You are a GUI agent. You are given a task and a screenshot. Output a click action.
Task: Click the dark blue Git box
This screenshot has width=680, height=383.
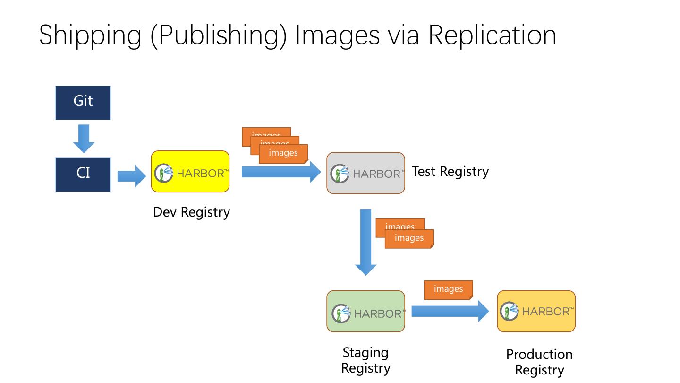(x=83, y=103)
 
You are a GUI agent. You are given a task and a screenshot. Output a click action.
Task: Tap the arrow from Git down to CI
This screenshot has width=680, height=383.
(x=84, y=138)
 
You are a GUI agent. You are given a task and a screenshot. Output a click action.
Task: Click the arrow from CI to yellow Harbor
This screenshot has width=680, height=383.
(x=132, y=176)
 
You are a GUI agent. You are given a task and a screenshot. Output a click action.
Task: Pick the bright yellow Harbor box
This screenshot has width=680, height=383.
(x=190, y=172)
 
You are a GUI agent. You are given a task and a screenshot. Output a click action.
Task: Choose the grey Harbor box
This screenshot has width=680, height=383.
(x=365, y=173)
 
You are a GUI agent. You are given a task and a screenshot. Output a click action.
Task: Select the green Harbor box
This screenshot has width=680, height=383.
(x=365, y=311)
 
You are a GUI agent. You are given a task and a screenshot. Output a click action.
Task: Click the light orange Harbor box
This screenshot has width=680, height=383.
(x=536, y=311)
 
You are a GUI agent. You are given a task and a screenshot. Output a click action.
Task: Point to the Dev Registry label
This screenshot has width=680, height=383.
(x=191, y=212)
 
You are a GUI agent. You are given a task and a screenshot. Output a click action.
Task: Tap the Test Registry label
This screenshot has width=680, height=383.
(x=450, y=171)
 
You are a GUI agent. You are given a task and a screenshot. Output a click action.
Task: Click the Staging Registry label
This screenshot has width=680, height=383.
(x=365, y=360)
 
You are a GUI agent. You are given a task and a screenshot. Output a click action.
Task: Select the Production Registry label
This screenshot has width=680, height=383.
(x=539, y=362)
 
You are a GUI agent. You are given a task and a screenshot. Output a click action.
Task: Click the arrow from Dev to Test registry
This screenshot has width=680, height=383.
(x=281, y=172)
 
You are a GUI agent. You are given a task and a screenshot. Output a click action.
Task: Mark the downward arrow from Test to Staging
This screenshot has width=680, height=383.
(x=365, y=242)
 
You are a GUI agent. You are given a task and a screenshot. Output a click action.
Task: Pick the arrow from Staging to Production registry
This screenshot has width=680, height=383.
(x=450, y=311)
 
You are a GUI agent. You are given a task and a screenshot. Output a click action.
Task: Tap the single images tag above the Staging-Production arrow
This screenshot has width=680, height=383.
(x=448, y=289)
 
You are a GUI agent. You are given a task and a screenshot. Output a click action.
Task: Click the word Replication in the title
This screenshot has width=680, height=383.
(x=492, y=35)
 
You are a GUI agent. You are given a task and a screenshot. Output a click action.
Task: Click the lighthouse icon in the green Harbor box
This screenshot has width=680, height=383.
(x=340, y=313)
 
